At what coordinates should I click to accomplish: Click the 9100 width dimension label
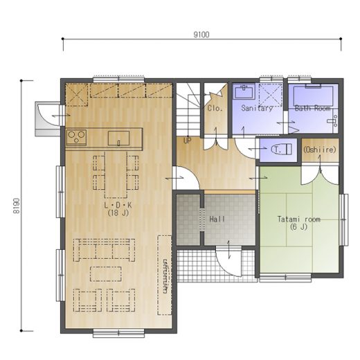[x=201, y=35]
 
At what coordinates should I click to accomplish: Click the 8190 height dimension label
[x=17, y=206]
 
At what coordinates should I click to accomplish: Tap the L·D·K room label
[x=118, y=205]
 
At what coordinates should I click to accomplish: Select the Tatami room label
[x=299, y=219]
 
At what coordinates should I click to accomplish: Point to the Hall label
[x=217, y=219]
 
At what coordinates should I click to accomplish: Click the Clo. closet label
[x=215, y=108]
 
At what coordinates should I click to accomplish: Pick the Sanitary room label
[x=257, y=108]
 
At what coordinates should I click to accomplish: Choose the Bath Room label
[x=312, y=108]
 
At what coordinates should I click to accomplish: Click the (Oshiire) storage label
[x=320, y=150]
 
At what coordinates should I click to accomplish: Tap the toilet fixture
[x=281, y=149]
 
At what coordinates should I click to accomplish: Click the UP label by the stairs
[x=187, y=141]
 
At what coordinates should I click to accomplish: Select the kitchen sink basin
[x=118, y=138]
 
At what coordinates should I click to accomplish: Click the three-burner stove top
[x=77, y=137]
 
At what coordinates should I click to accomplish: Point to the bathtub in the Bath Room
[x=313, y=95]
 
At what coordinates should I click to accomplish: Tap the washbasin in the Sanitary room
[x=244, y=91]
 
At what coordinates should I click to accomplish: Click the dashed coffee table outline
[x=106, y=274]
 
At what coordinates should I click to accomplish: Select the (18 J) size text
[x=118, y=213]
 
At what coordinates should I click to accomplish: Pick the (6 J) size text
[x=299, y=227]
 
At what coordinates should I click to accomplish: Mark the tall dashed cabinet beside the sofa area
[x=165, y=275]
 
